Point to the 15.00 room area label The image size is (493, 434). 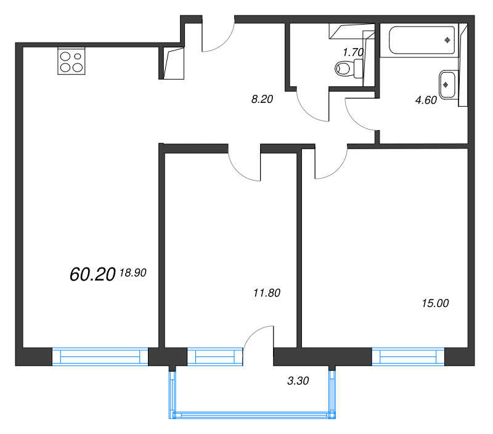[x=435, y=303]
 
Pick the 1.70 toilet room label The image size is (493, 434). [x=353, y=53]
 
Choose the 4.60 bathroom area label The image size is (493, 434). [x=426, y=100]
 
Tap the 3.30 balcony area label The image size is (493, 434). [x=298, y=381]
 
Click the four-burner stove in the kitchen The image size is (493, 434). [x=71, y=61]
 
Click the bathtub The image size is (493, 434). [x=422, y=41]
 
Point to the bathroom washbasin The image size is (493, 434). [x=447, y=84]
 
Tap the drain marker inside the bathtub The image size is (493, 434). [x=447, y=40]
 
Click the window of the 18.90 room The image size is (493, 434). [x=100, y=357]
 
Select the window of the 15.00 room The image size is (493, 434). [x=408, y=357]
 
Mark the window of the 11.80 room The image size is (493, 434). [x=215, y=357]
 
